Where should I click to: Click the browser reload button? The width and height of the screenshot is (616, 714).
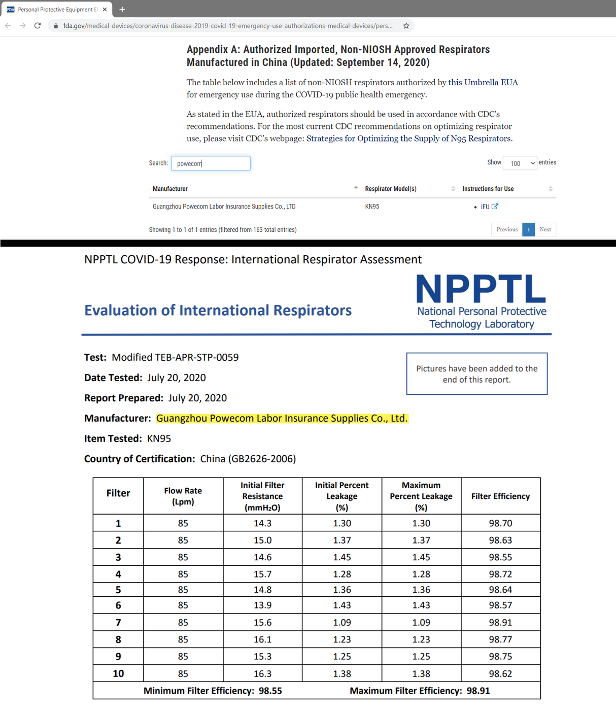pyautogui.click(x=38, y=25)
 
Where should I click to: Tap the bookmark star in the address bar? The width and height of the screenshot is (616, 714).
pyautogui.click(x=406, y=26)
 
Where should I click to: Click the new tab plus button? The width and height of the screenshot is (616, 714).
pyautogui.click(x=122, y=9)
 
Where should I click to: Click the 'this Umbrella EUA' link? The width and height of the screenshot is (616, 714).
pyautogui.click(x=483, y=82)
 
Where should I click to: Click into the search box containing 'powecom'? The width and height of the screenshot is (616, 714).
pyautogui.click(x=211, y=163)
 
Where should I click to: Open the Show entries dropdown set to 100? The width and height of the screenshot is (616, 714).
pyautogui.click(x=520, y=163)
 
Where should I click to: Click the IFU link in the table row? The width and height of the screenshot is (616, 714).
pyautogui.click(x=485, y=207)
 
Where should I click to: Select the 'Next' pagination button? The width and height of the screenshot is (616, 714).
pyautogui.click(x=545, y=229)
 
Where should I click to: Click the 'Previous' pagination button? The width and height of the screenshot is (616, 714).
pyautogui.click(x=506, y=229)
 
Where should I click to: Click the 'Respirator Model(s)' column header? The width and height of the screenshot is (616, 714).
pyautogui.click(x=391, y=189)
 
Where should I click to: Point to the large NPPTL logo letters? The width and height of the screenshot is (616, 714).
pyautogui.click(x=481, y=289)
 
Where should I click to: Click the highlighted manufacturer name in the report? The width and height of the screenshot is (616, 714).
pyautogui.click(x=282, y=418)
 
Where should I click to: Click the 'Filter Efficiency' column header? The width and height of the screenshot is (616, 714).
pyautogui.click(x=500, y=496)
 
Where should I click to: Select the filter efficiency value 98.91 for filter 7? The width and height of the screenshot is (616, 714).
pyautogui.click(x=500, y=622)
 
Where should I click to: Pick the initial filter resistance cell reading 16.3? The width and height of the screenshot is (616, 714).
pyautogui.click(x=262, y=673)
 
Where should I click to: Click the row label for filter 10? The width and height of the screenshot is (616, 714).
pyautogui.click(x=118, y=673)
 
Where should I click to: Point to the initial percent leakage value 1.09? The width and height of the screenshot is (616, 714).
pyautogui.click(x=342, y=622)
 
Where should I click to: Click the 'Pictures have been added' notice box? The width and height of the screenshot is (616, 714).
pyautogui.click(x=476, y=374)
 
